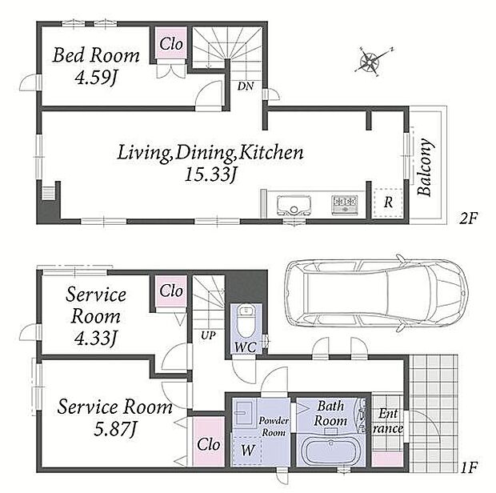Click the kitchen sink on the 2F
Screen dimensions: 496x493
294,205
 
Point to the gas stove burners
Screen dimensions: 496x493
344,205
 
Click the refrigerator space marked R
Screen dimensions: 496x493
388,202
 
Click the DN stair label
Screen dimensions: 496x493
246,86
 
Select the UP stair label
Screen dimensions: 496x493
208,335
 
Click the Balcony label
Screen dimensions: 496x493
425,167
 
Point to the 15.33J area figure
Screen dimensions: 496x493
210,174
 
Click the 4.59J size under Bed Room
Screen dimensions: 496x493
95,77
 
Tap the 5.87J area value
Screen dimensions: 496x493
115,429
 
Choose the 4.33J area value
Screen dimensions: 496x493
94,338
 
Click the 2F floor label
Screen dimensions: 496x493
468,218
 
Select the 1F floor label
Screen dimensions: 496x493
469,467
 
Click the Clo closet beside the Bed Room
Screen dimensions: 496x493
171,44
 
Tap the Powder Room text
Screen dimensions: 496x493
274,427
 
